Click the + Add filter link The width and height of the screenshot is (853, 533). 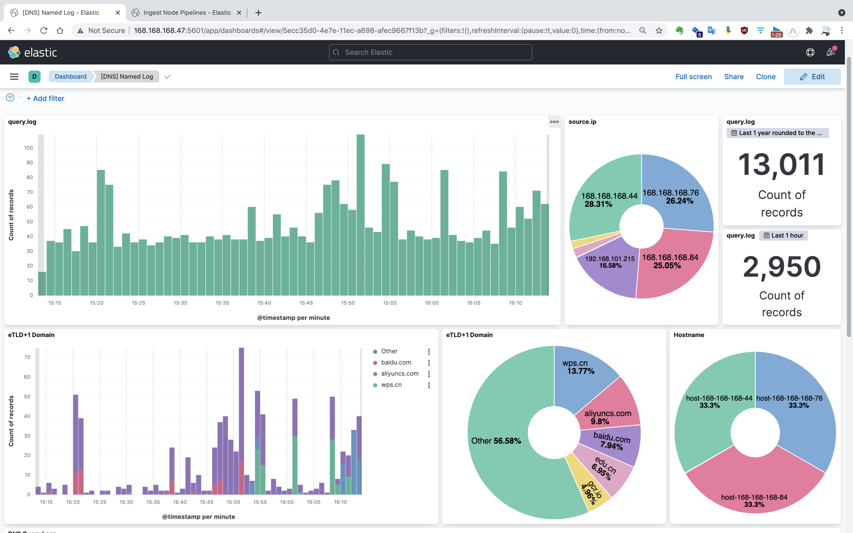click(x=45, y=99)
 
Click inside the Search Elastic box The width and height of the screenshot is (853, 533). click(x=430, y=53)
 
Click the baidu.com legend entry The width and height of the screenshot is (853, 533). click(x=396, y=362)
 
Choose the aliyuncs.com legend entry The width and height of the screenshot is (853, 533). click(x=399, y=374)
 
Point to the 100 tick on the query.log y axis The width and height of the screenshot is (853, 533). click(x=28, y=148)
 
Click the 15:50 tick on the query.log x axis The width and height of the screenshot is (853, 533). click(x=348, y=303)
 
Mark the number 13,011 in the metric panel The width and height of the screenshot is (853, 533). click(x=781, y=165)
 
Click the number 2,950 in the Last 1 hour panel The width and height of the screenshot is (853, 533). click(x=781, y=267)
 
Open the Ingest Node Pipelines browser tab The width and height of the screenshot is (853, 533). click(x=187, y=13)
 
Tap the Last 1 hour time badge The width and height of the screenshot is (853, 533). click(x=783, y=236)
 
